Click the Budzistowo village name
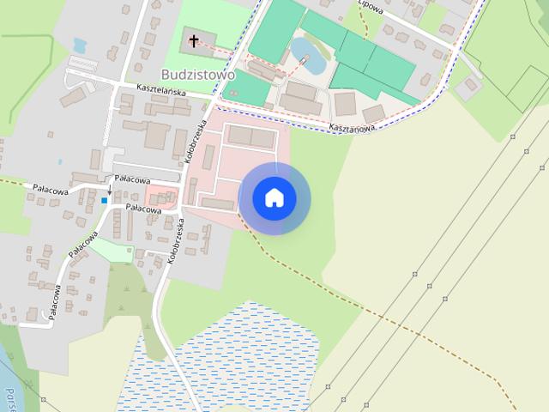point(198,75)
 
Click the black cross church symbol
point(195,39)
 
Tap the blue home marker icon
point(274,197)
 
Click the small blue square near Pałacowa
point(105,200)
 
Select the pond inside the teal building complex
point(307,56)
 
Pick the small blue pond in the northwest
point(80,45)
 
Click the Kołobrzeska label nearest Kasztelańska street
point(196,141)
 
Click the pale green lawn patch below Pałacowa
point(112,250)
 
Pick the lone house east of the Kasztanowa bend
point(468,88)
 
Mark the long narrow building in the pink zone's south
point(218,204)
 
